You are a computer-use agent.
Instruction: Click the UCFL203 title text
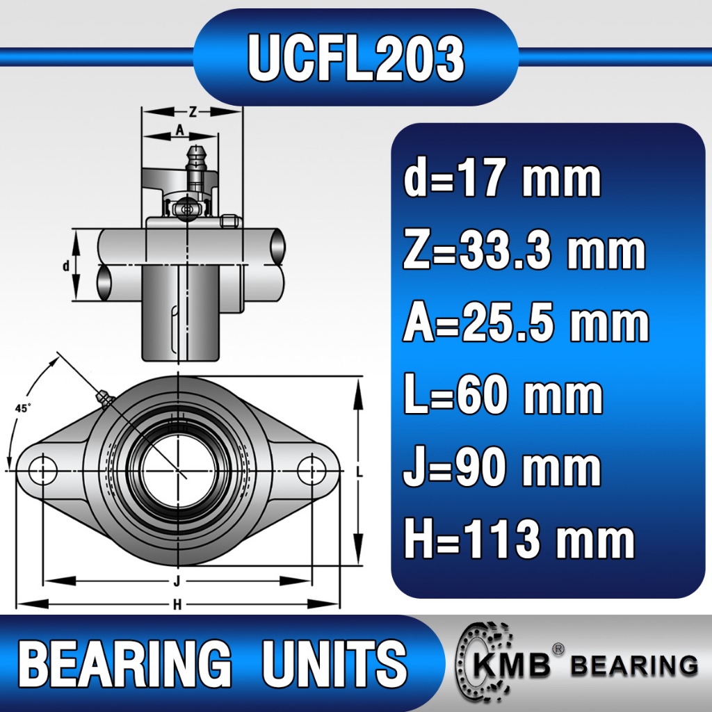(356, 58)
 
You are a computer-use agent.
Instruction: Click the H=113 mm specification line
(519, 539)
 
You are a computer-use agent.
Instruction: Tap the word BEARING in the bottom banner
(124, 663)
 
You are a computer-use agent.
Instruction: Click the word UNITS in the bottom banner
(334, 663)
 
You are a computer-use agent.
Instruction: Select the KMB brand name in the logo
(512, 665)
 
